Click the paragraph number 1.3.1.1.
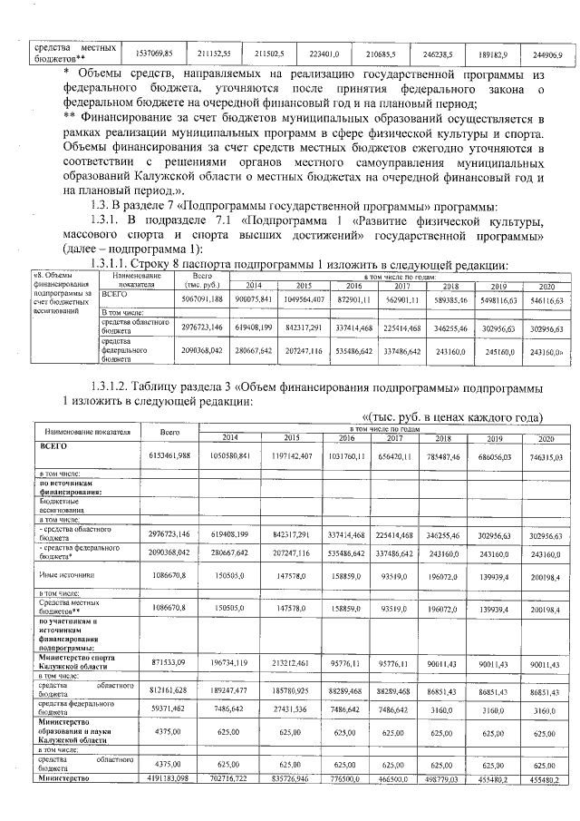point(130,263)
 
